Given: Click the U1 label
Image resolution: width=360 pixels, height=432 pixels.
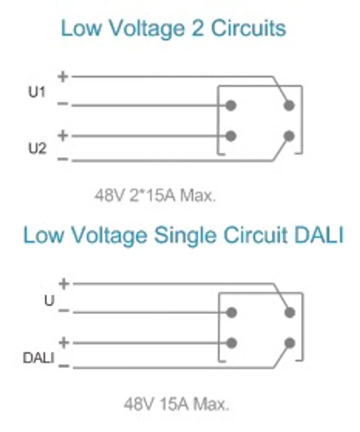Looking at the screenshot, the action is click(37, 92).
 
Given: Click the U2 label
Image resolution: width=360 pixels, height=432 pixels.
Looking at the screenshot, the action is click(37, 149).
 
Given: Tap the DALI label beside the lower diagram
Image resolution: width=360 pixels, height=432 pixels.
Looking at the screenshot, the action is click(38, 358).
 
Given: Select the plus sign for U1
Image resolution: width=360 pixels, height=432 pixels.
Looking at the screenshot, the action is click(63, 76).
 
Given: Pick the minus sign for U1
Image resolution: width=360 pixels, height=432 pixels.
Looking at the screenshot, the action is click(63, 104).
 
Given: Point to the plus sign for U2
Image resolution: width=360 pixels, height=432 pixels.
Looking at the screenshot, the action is click(63, 135).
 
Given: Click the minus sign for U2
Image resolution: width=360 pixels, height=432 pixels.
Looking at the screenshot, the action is click(63, 159).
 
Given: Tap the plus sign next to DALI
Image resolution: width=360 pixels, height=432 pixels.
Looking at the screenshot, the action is click(64, 343).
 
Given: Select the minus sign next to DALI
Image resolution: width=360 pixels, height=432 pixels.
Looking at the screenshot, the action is click(64, 366).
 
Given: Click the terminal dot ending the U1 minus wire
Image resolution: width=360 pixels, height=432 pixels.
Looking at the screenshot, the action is click(231, 105).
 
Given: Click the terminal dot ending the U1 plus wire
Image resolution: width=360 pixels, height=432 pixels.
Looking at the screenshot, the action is click(289, 105).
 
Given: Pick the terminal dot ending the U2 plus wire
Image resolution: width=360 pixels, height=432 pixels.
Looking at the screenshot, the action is click(231, 136).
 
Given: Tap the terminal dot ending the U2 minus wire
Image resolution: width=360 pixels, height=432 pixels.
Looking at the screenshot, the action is click(289, 136).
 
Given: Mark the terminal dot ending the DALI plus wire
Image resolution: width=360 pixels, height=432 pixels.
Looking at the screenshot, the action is click(231, 343).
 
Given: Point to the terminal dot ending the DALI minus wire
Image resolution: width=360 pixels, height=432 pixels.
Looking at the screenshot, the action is click(290, 343).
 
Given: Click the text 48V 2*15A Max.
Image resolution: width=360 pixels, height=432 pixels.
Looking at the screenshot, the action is click(155, 196).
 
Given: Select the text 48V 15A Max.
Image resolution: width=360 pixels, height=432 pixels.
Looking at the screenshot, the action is click(176, 404).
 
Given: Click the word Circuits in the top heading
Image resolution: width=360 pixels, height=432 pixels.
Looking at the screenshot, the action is click(248, 28).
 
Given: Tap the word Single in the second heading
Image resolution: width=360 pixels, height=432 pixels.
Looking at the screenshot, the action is click(184, 235).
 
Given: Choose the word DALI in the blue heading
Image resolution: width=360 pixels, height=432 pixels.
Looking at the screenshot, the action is click(319, 235).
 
